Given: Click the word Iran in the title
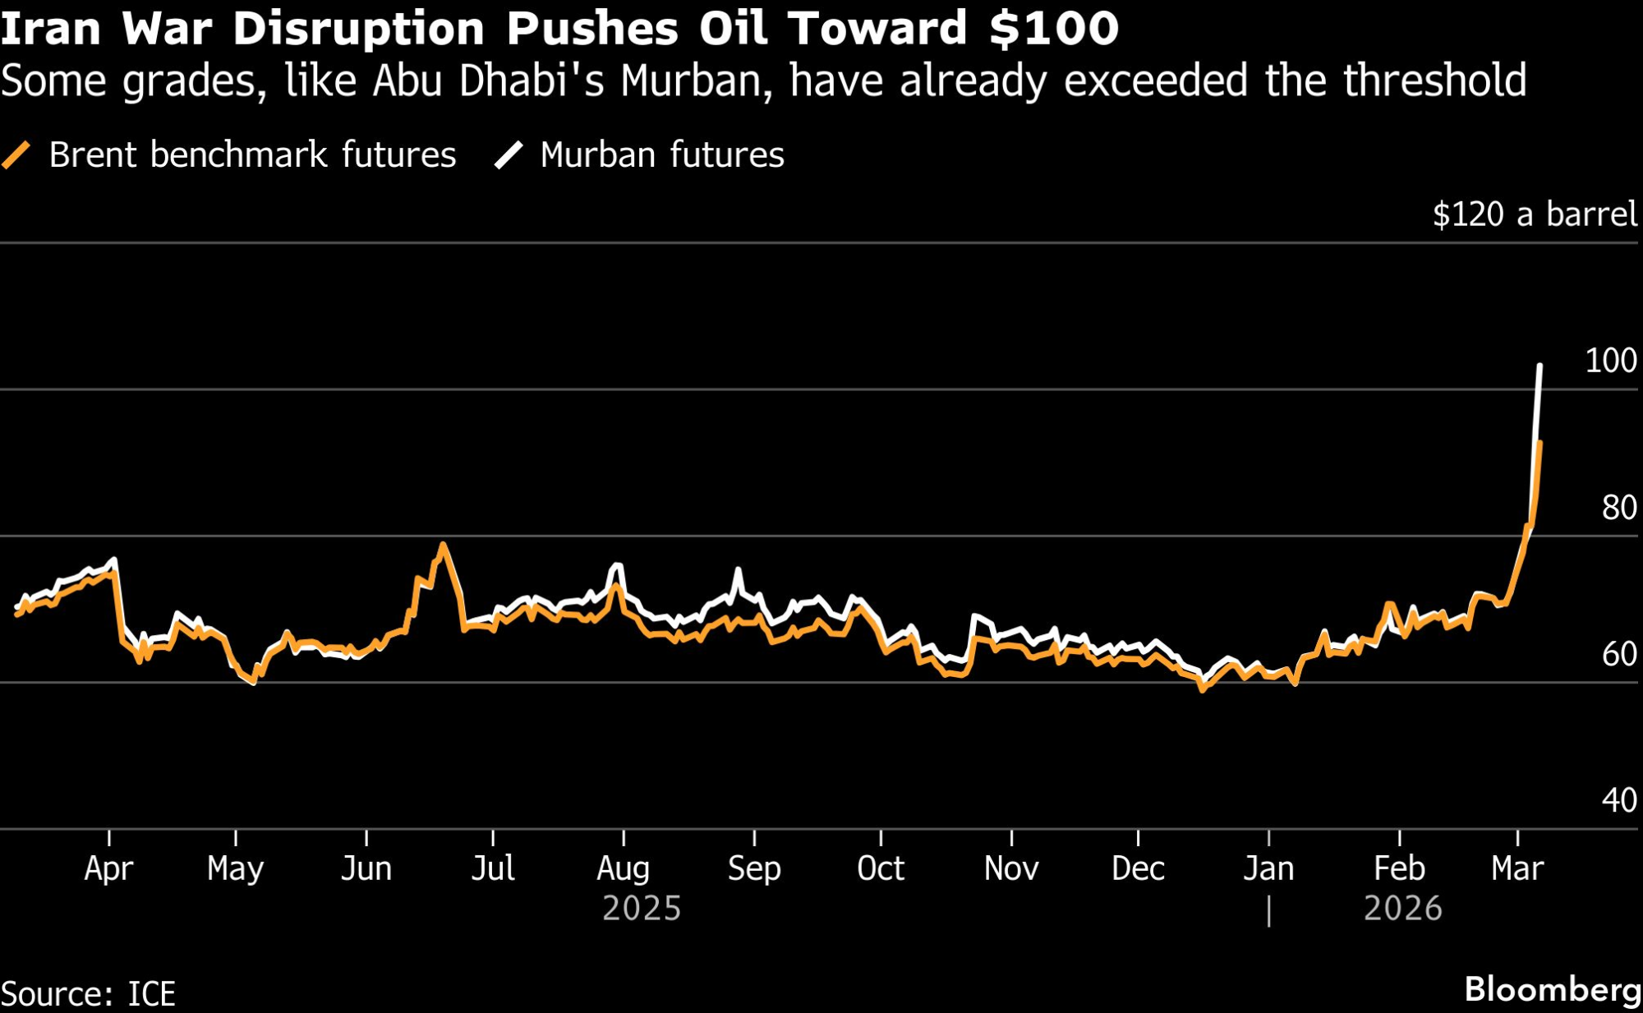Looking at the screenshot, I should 51,29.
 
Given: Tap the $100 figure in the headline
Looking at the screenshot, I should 1054,29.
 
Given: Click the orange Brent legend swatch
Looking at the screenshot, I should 16,154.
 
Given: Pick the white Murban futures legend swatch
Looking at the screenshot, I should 509,154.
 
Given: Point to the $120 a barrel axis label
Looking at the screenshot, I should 1535,214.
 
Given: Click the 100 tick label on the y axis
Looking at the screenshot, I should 1610,361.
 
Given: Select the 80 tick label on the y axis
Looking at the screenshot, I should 1618,508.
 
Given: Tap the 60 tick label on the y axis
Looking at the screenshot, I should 1618,654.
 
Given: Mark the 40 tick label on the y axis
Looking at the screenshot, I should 1618,800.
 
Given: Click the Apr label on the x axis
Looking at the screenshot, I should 108,868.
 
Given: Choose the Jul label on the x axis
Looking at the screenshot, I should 493,868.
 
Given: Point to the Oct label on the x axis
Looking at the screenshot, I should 881,868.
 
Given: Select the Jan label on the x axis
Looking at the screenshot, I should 1268,868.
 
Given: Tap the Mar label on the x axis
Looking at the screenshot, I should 1517,868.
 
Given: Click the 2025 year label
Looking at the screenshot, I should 642,909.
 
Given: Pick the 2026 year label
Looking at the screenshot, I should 1402,909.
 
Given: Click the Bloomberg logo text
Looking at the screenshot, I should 1553,989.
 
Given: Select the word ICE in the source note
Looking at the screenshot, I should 151,994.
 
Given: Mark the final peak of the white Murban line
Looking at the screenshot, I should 1539,366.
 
